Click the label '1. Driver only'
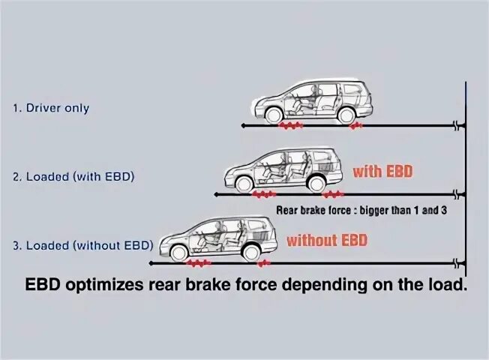click(50, 108)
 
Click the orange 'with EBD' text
click(382, 172)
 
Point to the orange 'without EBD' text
click(327, 241)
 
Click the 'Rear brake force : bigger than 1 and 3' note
click(361, 211)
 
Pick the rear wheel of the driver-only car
click(346, 115)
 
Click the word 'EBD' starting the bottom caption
click(49, 285)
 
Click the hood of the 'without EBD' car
click(174, 234)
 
